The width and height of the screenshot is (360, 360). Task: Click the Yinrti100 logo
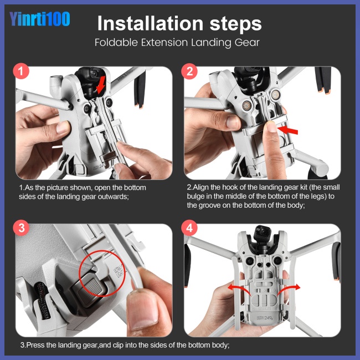[x=39, y=19]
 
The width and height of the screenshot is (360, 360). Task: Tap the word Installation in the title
[x=151, y=23]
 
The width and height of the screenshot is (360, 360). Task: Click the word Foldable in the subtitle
[x=116, y=43]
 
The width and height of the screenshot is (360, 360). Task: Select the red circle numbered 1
[x=21, y=71]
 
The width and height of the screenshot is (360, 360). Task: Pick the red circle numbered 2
[x=189, y=71]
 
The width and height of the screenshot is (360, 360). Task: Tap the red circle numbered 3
[x=22, y=228]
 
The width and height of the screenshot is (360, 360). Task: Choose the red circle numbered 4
[x=189, y=228]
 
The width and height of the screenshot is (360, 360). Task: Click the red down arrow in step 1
[x=101, y=85]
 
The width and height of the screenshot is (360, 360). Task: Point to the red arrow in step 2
[x=287, y=130]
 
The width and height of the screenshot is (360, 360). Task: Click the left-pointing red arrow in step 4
[x=239, y=289]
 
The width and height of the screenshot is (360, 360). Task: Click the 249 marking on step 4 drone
[x=268, y=318]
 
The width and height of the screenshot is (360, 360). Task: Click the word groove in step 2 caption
[x=209, y=205]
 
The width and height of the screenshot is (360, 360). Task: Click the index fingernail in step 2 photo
[x=271, y=126]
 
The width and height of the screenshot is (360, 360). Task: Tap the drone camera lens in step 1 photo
[x=94, y=74]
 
